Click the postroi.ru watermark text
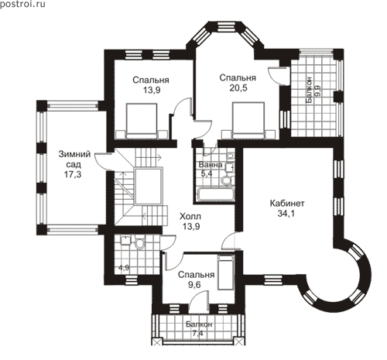click(22, 4)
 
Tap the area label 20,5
click(238, 88)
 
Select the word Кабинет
click(287, 204)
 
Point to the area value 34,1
click(286, 214)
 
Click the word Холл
click(190, 216)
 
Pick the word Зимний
click(74, 154)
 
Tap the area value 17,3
click(73, 174)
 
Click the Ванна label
click(211, 165)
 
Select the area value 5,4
click(207, 173)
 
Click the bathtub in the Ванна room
click(216, 194)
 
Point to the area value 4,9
click(124, 268)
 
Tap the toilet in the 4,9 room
click(140, 243)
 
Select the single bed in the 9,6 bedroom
click(226, 273)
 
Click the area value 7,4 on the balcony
click(197, 334)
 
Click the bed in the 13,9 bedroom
click(142, 122)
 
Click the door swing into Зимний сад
click(102, 161)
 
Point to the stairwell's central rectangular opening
click(149, 186)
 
